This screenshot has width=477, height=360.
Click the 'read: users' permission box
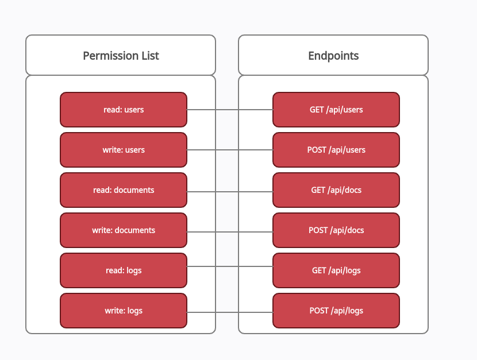124,110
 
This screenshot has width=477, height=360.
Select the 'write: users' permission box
124,150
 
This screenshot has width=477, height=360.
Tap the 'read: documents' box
124,190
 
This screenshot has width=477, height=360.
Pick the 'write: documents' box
124,230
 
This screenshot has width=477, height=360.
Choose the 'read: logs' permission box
124,270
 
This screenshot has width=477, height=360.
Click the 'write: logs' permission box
124,311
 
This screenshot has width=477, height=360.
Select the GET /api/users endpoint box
336,110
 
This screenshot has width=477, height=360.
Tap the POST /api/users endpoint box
336,150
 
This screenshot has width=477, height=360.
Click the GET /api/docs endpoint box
336,190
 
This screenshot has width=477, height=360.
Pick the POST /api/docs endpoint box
336,230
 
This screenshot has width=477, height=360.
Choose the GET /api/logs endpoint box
336,270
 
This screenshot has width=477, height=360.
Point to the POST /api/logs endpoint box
336,311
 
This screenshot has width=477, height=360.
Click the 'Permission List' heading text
121,56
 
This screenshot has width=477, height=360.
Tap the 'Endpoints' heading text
333,56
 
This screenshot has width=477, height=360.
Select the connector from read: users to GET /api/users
230,110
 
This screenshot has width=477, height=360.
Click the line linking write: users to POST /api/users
230,150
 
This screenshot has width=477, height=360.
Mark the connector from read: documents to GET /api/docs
230,192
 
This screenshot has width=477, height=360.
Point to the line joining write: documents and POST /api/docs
230,232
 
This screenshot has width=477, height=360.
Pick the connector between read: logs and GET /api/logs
230,266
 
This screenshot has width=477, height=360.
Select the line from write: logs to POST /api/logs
230,312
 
